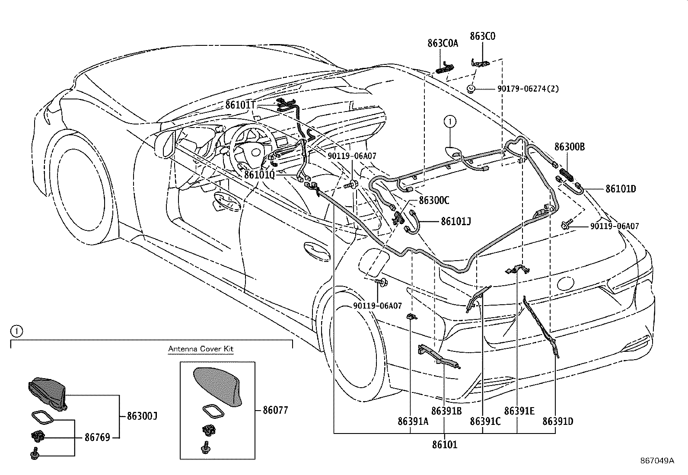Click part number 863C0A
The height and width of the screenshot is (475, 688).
point(443,43)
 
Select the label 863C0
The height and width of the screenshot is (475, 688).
point(482,36)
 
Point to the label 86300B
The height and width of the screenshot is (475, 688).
point(570,147)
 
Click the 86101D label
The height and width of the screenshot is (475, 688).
point(621,188)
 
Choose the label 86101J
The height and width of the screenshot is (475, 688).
point(455,222)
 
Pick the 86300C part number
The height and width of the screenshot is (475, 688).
point(434,201)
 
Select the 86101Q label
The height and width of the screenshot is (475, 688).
point(259,175)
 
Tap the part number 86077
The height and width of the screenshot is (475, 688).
point(275,410)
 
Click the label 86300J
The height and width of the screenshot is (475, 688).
point(142,416)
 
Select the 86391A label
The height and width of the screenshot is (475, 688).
point(413,421)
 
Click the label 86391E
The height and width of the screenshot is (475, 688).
point(519,410)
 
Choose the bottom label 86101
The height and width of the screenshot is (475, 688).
point(444,444)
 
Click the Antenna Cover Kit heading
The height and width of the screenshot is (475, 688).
point(201,349)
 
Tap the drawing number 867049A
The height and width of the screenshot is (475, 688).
point(657,461)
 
